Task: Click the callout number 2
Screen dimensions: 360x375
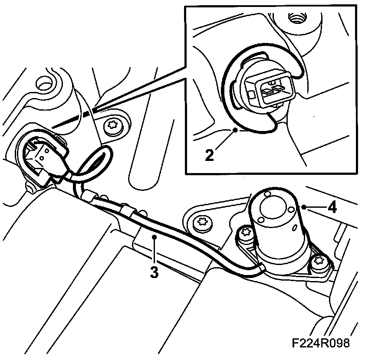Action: tap(209, 155)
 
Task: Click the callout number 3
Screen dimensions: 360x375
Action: tap(154, 272)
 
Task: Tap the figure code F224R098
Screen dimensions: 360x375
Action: tap(321, 343)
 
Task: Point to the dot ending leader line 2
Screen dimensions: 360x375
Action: tap(235, 129)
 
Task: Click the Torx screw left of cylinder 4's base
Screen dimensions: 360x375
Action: tap(246, 235)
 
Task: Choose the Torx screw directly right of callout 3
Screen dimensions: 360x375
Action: tap(202, 223)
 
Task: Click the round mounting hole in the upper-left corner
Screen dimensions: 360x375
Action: tap(45, 83)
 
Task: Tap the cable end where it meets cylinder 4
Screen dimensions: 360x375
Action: tap(259, 270)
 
